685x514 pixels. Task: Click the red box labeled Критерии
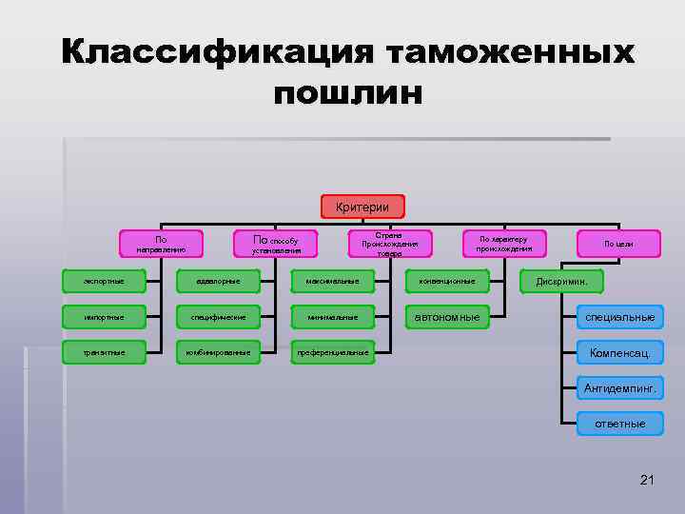point(362,206)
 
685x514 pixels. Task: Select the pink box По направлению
point(161,245)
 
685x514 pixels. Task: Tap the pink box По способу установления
point(275,245)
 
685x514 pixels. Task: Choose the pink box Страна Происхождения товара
point(389,244)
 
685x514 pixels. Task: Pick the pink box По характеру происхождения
point(504,244)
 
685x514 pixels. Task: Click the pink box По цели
point(618,244)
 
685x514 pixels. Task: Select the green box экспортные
point(105,281)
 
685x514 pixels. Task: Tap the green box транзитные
point(105,352)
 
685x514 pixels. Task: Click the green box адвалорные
point(218,281)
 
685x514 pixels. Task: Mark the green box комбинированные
point(218,352)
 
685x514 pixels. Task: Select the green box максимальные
point(332,281)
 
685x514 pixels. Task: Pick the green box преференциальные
point(332,352)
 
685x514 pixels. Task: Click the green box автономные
point(447,316)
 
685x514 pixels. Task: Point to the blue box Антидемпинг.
point(619,388)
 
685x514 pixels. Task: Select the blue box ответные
point(619,424)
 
